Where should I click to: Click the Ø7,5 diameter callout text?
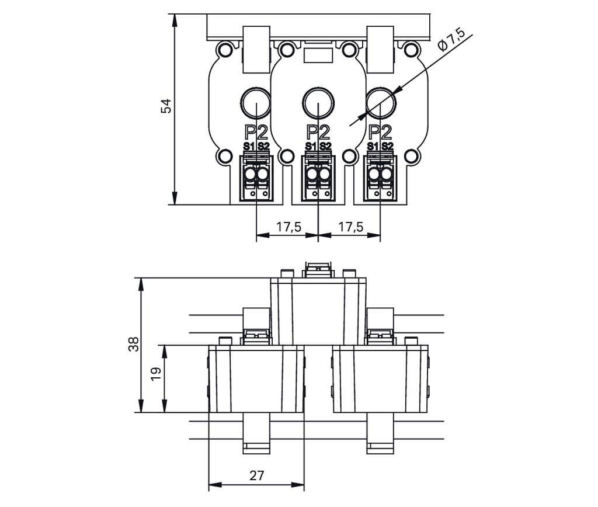(451, 43)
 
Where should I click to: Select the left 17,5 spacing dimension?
(288, 227)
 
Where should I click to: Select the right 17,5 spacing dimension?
(350, 227)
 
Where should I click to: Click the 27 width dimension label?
(256, 475)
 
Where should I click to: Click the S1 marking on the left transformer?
(249, 147)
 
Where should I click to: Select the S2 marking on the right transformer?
(388, 147)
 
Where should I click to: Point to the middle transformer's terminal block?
(318, 178)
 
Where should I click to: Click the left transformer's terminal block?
(256, 178)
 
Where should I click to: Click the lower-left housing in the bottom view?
(256, 378)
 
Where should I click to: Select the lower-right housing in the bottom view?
(380, 378)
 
